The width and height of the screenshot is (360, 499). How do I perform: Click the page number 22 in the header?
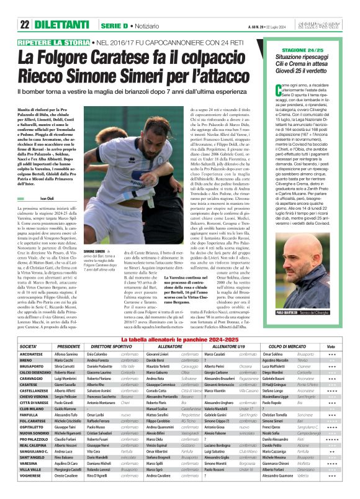(24, 7)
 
